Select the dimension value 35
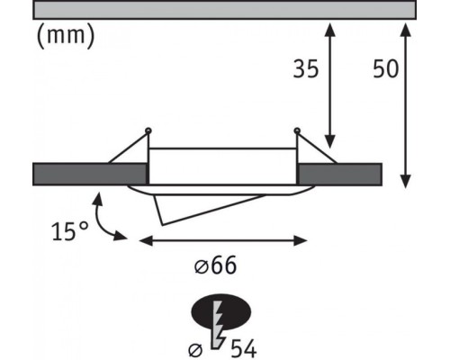306,69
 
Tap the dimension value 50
386,69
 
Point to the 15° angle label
70,231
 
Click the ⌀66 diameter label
215,265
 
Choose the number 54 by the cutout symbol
243,349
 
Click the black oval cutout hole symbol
221,312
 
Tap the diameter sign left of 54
195,350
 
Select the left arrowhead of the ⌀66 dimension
146,240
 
